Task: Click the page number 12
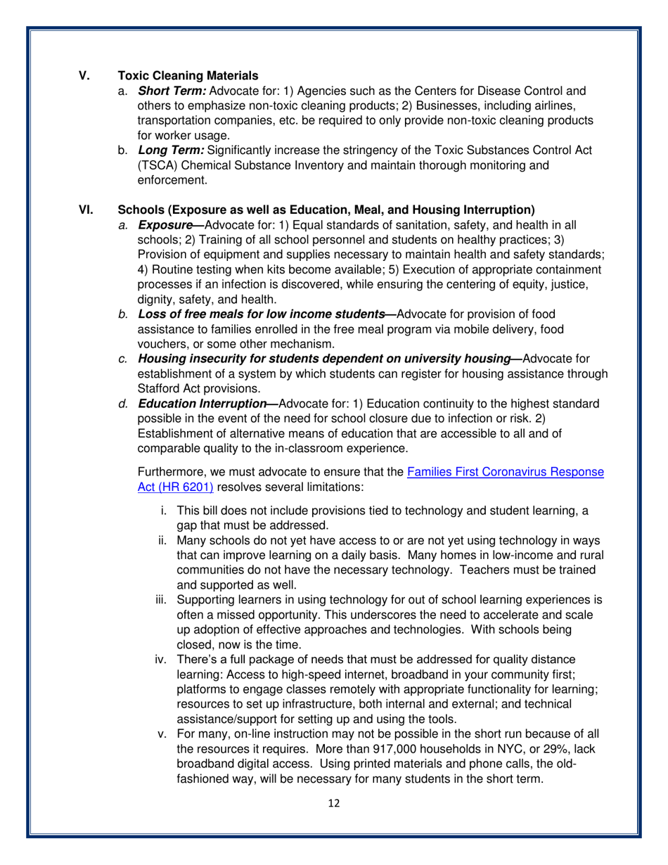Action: (334, 805)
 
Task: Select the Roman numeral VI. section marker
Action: (85, 210)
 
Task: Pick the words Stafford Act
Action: (170, 388)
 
